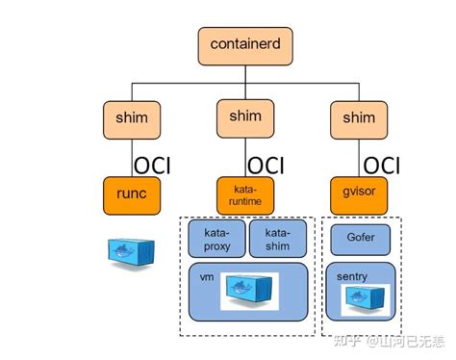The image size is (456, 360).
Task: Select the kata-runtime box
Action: (243, 195)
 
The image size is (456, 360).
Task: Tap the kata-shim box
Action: (278, 240)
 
